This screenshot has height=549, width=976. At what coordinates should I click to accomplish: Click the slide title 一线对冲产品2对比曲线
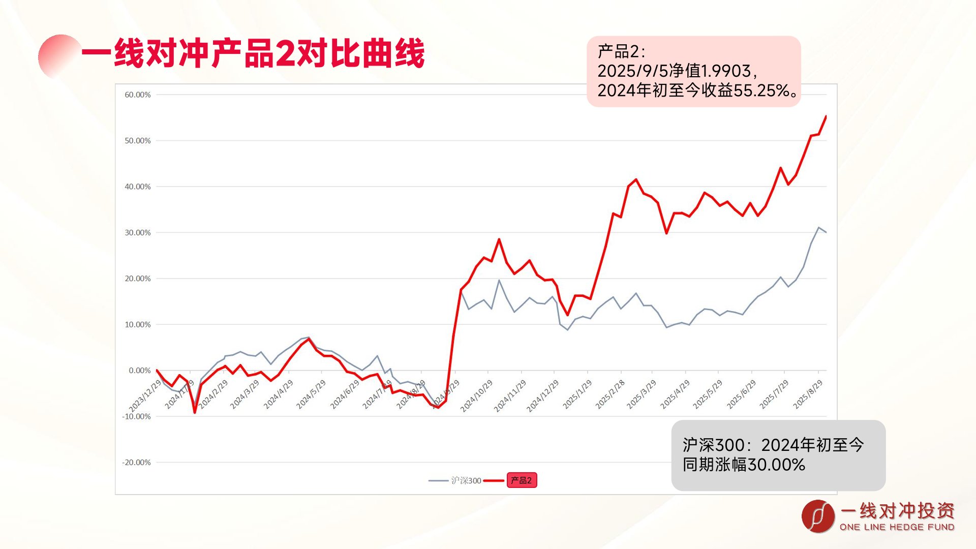coord(253,53)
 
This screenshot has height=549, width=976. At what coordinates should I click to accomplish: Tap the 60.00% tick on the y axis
coord(138,95)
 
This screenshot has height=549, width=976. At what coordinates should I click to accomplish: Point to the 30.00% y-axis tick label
coord(138,233)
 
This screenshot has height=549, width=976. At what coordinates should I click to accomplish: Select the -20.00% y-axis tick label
coord(137,463)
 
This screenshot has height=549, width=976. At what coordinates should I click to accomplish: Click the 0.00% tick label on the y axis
coord(140,371)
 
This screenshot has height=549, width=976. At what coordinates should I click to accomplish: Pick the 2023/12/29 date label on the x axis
coord(145,396)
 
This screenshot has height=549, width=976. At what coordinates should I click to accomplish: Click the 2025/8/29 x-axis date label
coord(808,394)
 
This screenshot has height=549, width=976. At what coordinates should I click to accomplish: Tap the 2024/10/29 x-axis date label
coord(476,396)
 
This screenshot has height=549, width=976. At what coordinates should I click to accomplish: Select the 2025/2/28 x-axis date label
coord(610,394)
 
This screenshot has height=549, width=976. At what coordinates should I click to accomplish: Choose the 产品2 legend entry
coord(522,480)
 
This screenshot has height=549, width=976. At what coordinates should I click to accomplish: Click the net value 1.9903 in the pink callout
coord(726,71)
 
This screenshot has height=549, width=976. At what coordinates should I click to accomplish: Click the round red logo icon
coord(818,516)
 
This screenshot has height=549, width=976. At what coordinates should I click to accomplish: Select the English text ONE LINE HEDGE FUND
coord(897,527)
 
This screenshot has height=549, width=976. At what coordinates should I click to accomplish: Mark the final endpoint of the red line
coord(826,116)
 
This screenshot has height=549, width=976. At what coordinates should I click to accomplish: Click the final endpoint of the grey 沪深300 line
coord(826,232)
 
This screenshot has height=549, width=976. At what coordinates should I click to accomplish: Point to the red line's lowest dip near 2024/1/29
coord(194,412)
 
